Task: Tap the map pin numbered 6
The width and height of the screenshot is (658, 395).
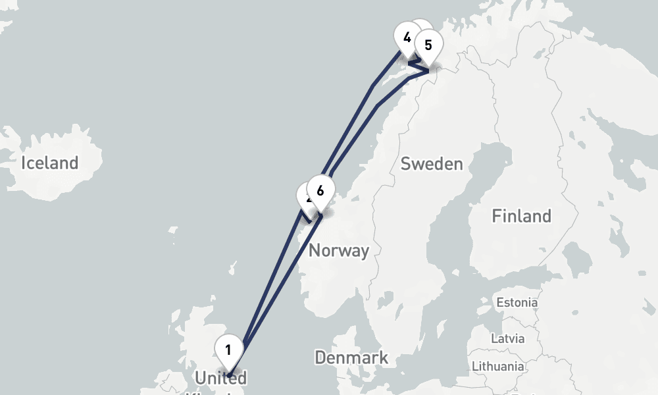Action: pos(320,192)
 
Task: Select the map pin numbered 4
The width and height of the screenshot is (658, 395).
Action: pos(407,38)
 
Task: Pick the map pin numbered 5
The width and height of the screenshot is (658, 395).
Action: pos(428,46)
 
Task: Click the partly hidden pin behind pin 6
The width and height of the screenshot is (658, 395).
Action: pos(305,196)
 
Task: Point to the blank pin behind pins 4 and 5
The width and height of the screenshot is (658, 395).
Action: pos(420,30)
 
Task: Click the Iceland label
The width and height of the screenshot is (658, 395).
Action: pos(49,163)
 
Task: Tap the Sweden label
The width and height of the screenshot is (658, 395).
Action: pos(432,163)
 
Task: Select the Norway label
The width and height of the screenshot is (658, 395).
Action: pos(339,250)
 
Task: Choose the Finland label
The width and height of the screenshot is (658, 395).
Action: pos(521,215)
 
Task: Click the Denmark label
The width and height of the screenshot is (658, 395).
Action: pos(351,358)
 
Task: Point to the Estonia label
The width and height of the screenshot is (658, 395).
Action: pos(517,303)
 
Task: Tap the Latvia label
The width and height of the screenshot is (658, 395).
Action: pos(508,338)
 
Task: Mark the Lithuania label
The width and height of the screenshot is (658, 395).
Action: pos(498,366)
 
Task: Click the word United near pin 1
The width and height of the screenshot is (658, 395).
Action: pos(220,378)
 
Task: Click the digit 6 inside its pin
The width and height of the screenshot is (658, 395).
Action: pos(320,191)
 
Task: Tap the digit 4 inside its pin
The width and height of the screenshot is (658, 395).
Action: pos(407,37)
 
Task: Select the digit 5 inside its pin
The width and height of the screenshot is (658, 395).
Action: pos(428,45)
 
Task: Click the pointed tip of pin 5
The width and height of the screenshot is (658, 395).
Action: pos(428,68)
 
